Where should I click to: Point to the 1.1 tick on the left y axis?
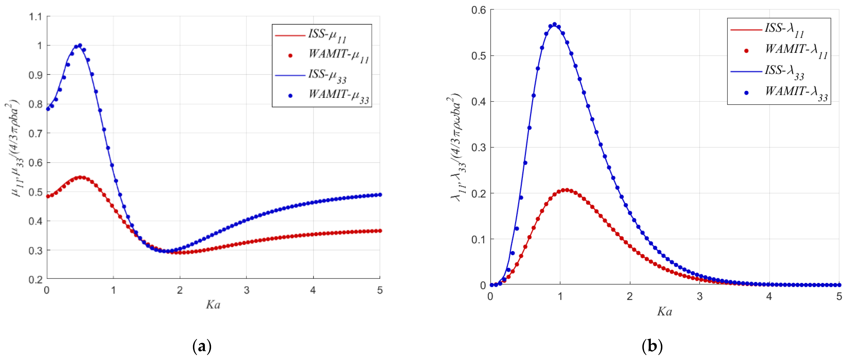pos(36,17)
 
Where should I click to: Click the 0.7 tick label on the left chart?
pos(36,133)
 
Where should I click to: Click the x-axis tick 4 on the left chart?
pos(313,290)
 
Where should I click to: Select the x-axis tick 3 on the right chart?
pos(700,297)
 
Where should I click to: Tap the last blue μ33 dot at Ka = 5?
pos(380,195)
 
